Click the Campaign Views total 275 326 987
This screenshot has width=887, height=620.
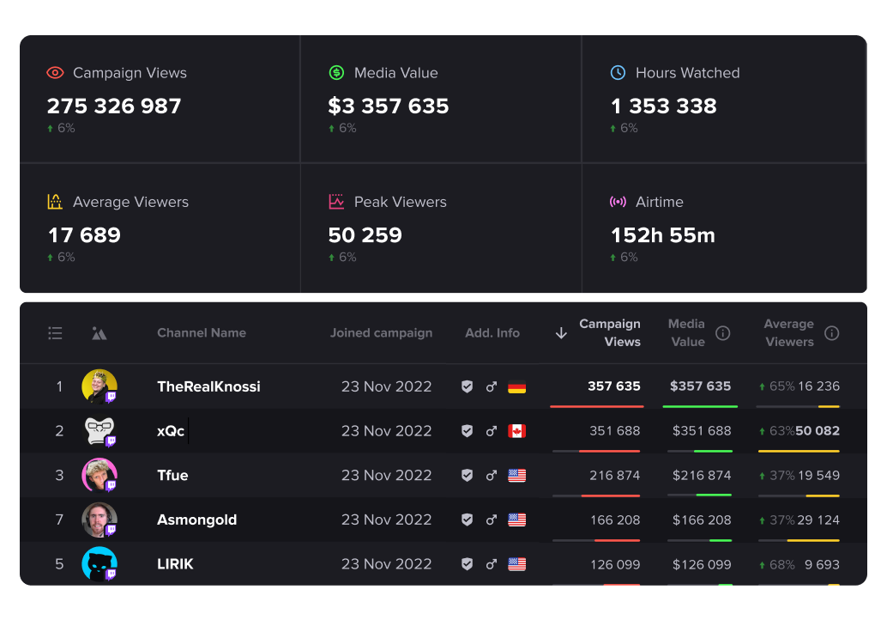coord(114,106)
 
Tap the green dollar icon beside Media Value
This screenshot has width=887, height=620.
coord(336,73)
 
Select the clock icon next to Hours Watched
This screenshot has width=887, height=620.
coord(618,73)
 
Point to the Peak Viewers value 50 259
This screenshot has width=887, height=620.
coord(365,235)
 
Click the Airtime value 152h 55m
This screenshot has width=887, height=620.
coord(662,235)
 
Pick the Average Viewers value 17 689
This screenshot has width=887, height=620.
coord(83,235)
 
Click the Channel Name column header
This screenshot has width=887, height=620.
coord(202,333)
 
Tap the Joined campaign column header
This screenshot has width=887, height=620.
coord(381,333)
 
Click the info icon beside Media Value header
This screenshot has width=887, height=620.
coord(723,333)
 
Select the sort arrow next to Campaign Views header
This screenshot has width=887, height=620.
coord(561,333)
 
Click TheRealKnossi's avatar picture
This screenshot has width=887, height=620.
coord(99,386)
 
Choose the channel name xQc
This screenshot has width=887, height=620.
coord(171,431)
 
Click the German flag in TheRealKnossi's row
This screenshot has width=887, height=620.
coord(516,387)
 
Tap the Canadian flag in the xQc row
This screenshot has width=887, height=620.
coord(516,431)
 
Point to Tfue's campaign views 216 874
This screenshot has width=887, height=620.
coord(614,476)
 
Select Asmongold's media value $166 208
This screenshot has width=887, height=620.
coord(702,520)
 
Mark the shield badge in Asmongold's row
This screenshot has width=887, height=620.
coord(467,520)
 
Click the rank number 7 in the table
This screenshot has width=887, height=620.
coord(59,520)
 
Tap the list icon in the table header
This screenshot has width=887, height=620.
coord(55,333)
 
